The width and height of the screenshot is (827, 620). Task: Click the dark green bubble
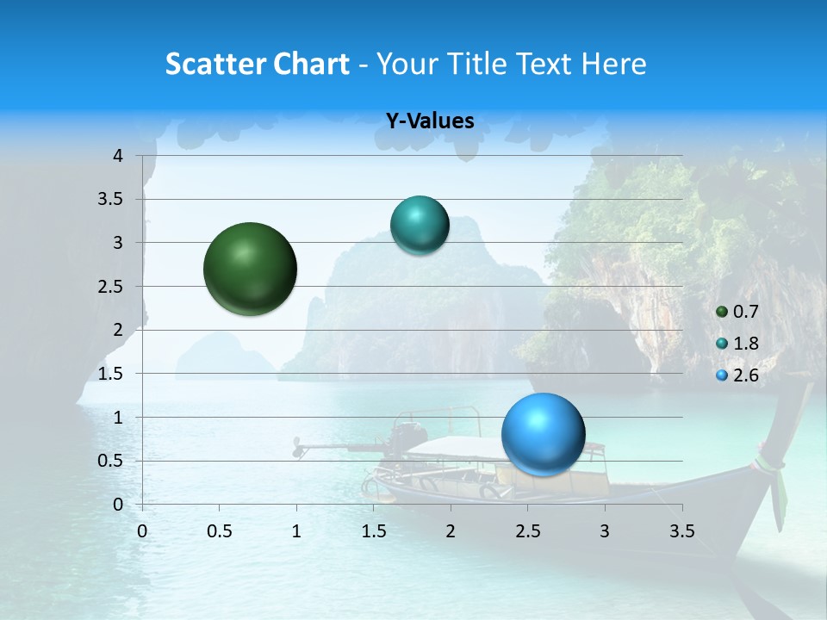[x=250, y=269]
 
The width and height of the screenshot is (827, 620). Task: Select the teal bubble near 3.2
[x=420, y=225]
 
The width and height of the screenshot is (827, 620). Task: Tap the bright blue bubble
[x=543, y=434]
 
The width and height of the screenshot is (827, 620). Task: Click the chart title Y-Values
[x=429, y=121]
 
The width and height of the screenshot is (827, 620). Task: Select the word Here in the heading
[x=615, y=64]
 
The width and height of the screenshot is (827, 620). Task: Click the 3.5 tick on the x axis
[x=681, y=531]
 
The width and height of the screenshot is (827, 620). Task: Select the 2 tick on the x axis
[x=450, y=531]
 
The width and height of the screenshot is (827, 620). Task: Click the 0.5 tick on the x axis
[x=219, y=531]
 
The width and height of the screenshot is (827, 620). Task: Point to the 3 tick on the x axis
[x=605, y=531]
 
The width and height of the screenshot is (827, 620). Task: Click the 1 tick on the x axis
[x=296, y=531]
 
